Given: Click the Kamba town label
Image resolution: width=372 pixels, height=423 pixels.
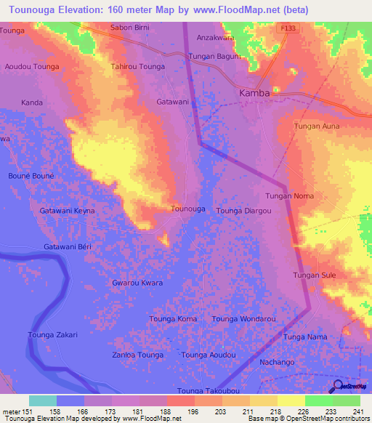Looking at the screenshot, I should pos(255,93).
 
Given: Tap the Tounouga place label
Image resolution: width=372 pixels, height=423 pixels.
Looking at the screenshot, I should pos(187,209).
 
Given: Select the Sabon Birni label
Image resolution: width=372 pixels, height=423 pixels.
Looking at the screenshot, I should pos(129,28).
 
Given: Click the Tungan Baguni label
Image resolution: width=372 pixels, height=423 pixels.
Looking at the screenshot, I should pos(215,56).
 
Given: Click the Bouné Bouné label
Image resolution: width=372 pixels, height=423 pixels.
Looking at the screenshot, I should pos(31,176).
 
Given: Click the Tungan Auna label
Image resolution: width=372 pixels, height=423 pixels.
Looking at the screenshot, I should pos(316,126).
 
